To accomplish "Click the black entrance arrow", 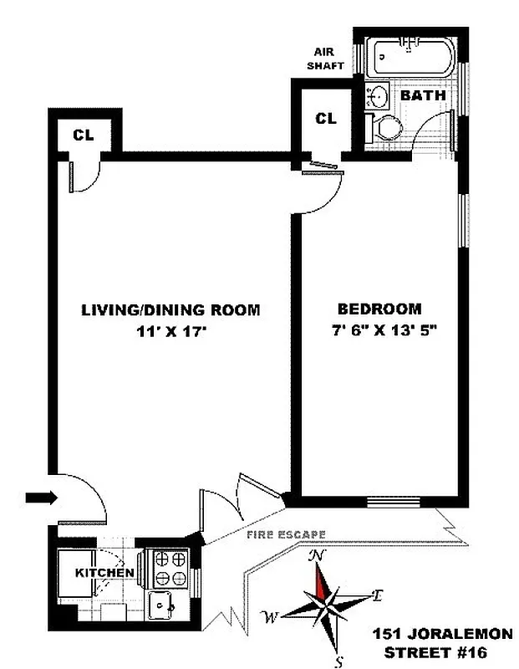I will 38,498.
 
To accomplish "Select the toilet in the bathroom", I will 388,128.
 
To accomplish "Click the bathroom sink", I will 379,97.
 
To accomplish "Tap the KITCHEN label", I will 105,573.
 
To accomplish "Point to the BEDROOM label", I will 379,308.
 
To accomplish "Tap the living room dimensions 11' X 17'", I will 170,331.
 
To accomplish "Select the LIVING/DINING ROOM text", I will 170,309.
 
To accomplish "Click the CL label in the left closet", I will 83,135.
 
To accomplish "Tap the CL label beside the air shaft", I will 325,120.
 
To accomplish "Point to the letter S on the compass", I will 338,661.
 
